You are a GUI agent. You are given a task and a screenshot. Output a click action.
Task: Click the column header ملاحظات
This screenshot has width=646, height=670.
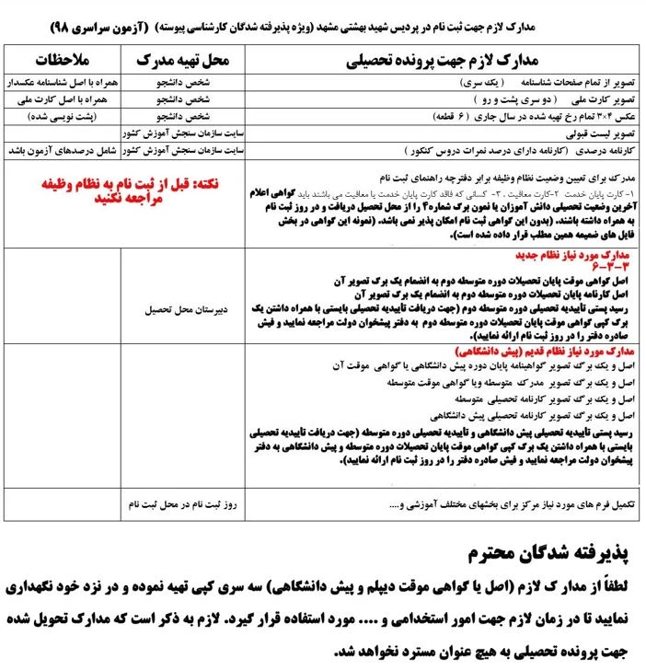point(61,63)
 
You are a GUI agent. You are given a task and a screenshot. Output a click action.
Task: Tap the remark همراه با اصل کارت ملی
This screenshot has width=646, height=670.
point(61,99)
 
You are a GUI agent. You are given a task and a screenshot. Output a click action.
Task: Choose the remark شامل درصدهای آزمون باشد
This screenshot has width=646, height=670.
point(61,147)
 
